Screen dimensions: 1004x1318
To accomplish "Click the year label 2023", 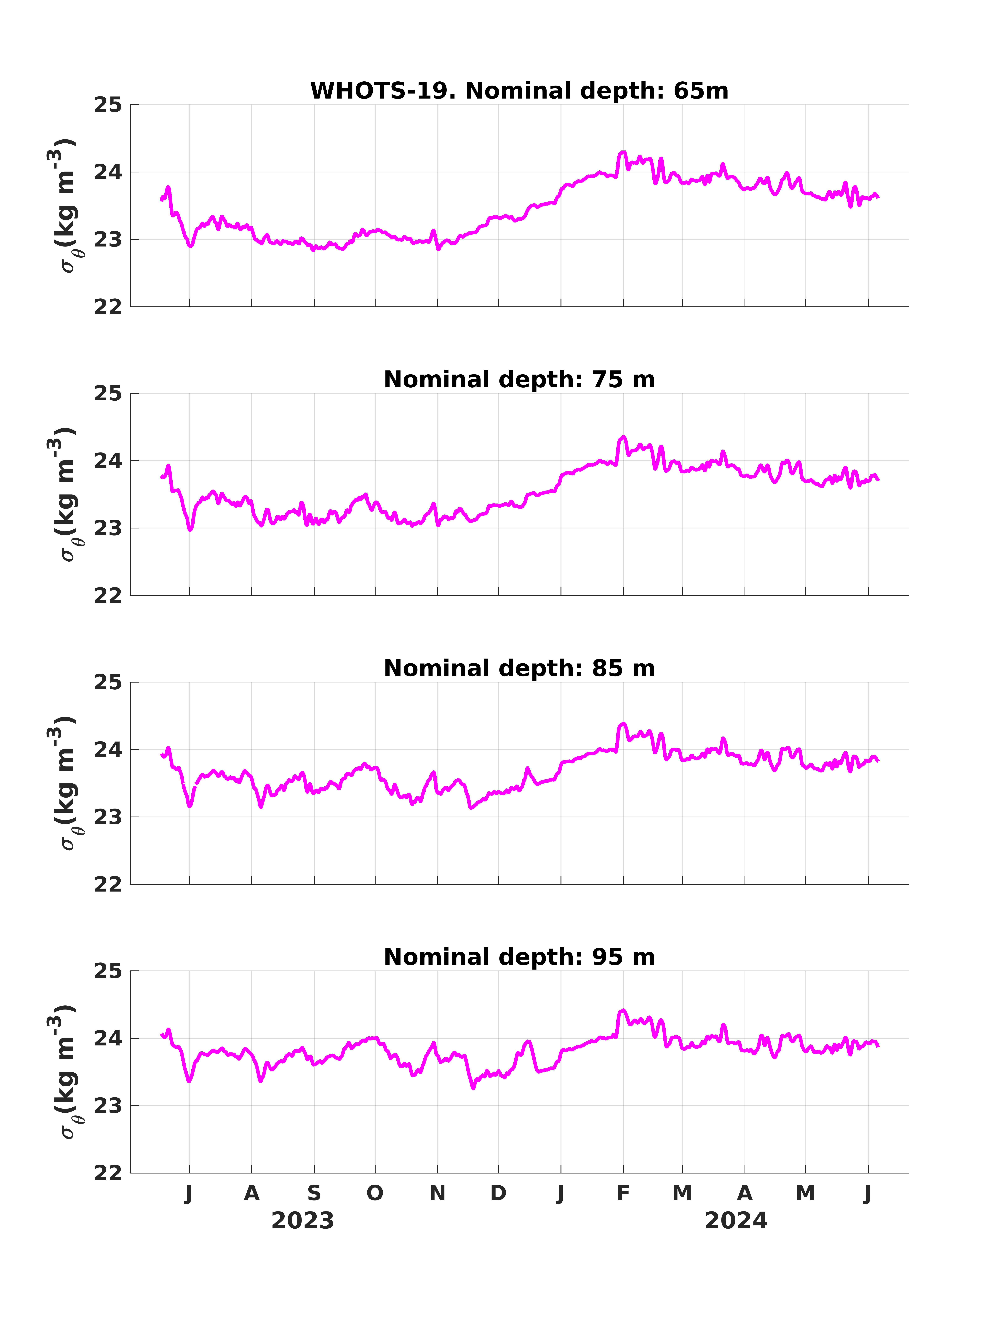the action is tap(302, 1221).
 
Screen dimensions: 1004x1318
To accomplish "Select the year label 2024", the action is tap(736, 1221).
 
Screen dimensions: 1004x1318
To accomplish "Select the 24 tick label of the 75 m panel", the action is tap(108, 461).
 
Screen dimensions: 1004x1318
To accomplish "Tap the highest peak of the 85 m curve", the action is tap(623, 723).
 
